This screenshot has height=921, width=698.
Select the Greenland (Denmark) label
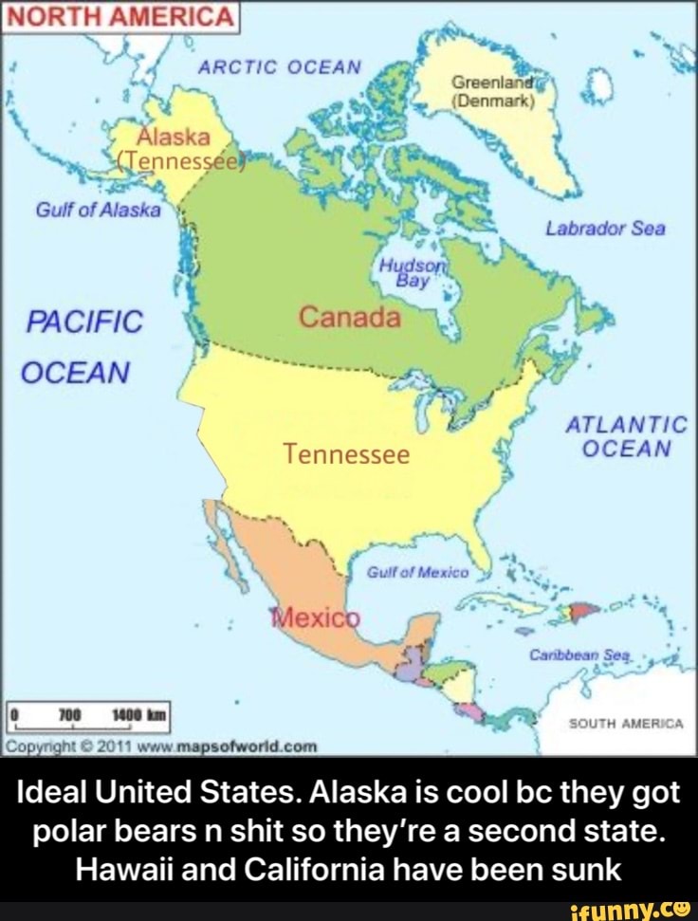493,90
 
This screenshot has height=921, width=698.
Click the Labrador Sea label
605,230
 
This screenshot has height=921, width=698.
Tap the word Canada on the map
350,316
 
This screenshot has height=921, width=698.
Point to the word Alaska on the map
167,136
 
